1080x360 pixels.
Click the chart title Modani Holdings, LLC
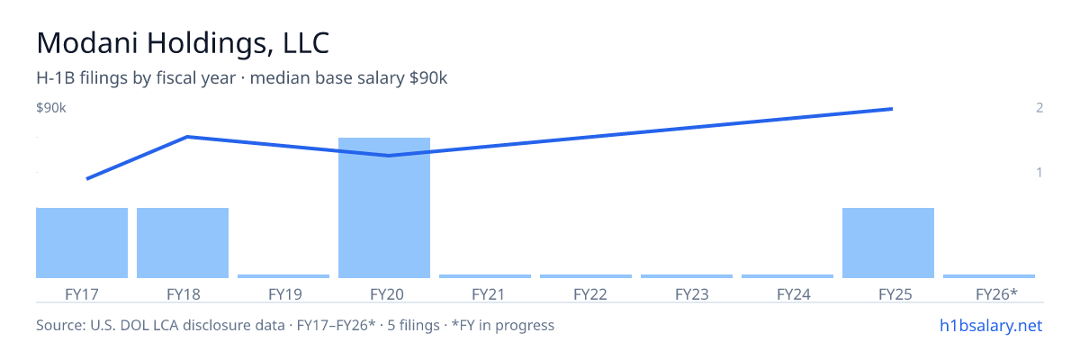tap(183, 43)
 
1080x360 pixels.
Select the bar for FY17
tap(82, 243)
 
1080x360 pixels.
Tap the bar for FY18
tap(183, 243)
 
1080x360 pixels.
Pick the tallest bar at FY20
tap(384, 208)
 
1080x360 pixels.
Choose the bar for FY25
tap(888, 243)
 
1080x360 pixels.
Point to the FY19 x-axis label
tap(285, 294)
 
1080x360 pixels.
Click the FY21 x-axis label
tap(488, 294)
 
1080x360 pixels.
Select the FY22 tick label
tap(590, 294)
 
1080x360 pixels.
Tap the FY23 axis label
tap(692, 294)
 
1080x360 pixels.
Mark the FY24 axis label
tap(794, 294)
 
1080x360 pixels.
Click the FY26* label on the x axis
tap(996, 294)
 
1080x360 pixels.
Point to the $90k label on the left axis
tap(51, 108)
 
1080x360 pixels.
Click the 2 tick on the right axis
tap(1039, 107)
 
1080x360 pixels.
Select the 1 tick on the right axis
tap(1039, 172)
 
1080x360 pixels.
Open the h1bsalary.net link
tap(991, 326)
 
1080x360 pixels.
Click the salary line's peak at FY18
tap(187, 137)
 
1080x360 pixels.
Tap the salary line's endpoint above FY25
tap(892, 109)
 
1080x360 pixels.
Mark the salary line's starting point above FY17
tap(87, 179)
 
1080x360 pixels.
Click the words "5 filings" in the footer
tap(414, 326)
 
